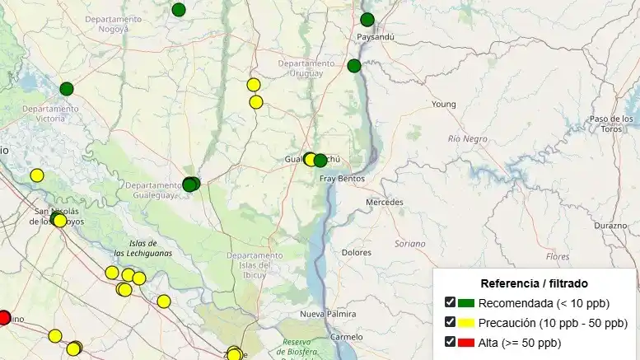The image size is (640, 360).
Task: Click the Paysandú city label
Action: click(376, 38)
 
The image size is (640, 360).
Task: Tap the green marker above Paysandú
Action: click(367, 20)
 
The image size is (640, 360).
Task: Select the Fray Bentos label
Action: click(342, 178)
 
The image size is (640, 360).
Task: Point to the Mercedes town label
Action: click(385, 202)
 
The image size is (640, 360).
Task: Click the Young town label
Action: click(443, 105)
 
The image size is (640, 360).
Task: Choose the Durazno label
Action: click(610, 225)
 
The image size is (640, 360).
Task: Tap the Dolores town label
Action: click(356, 252)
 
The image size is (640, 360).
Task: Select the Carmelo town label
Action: click(345, 337)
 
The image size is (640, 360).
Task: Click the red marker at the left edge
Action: click(3, 318)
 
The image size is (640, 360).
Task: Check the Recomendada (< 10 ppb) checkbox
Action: click(450, 302)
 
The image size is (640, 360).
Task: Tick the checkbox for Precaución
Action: click(450, 322)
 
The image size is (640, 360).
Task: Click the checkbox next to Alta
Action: click(450, 342)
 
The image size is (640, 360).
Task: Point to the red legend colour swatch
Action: click(466, 343)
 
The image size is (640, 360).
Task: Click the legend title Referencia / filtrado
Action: click(534, 283)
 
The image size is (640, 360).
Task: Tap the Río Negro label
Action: click(468, 139)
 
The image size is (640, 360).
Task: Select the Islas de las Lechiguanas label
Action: click(143, 248)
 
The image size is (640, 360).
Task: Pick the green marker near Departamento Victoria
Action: click(67, 89)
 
